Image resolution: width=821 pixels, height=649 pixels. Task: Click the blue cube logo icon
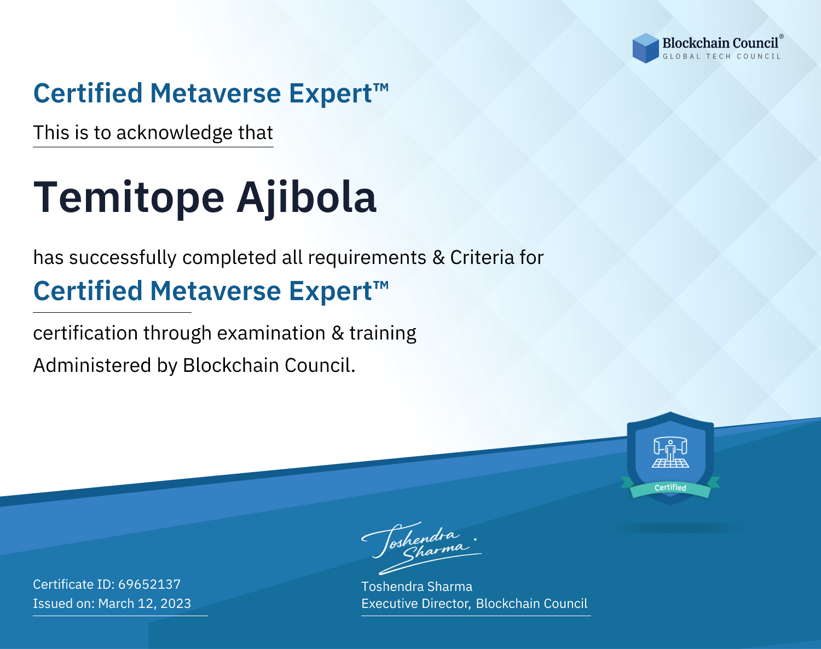pyautogui.click(x=645, y=48)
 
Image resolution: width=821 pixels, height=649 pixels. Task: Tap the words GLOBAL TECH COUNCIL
pyautogui.click(x=722, y=56)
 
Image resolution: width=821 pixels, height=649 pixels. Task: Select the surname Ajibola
pyautogui.click(x=307, y=199)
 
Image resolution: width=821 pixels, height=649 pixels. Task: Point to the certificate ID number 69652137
pyautogui.click(x=149, y=584)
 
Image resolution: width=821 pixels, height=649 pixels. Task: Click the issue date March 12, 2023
pyautogui.click(x=144, y=603)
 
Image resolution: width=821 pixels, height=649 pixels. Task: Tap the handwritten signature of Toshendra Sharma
pyautogui.click(x=421, y=548)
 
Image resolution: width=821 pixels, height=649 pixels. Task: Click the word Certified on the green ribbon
pyautogui.click(x=670, y=487)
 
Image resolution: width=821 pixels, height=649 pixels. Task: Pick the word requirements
pyautogui.click(x=367, y=257)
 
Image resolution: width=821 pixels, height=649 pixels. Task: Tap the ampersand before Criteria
pyautogui.click(x=438, y=257)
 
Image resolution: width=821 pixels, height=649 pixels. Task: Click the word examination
pyautogui.click(x=271, y=332)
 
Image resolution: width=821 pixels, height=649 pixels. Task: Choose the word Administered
pyautogui.click(x=92, y=365)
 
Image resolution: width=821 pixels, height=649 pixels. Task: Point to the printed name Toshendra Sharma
pyautogui.click(x=417, y=587)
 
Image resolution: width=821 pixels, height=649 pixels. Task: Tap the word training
pyautogui.click(x=383, y=334)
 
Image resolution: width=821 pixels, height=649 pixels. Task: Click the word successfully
pyautogui.click(x=123, y=258)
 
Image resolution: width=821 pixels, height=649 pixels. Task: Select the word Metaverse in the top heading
pyautogui.click(x=216, y=93)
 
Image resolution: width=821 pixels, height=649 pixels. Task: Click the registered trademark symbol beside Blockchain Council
pyautogui.click(x=781, y=36)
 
